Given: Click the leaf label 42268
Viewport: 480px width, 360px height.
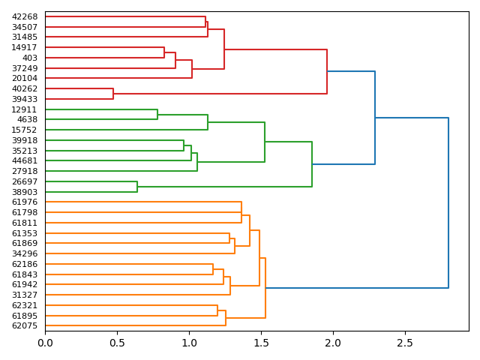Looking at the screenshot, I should tap(25, 16).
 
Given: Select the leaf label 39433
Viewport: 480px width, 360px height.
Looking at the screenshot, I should tap(25, 99).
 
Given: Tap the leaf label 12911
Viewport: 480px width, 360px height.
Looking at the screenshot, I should tap(25, 109).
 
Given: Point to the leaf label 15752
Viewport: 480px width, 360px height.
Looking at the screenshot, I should tap(25, 130).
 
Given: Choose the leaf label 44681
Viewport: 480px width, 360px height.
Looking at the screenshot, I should tap(25, 160).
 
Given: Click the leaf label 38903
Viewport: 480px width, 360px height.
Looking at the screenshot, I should tap(25, 192).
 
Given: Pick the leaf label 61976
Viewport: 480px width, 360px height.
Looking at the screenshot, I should tap(25, 202).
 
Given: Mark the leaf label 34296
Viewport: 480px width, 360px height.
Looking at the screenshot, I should tap(25, 253).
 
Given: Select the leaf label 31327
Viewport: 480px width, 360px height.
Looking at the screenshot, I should tap(25, 295).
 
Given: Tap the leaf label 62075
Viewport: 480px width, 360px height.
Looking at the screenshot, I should tap(25, 325).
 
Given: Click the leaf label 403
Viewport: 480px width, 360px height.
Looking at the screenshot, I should tap(30, 58).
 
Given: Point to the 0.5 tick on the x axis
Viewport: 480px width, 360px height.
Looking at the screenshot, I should tap(117, 331).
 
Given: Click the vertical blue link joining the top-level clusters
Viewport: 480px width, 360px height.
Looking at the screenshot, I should tap(448, 202).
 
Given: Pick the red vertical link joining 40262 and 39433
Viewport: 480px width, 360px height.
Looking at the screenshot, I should tap(113, 94).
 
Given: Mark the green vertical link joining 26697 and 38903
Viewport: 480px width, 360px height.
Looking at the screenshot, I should tap(137, 187).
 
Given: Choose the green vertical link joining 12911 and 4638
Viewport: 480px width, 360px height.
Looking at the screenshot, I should tap(157, 115).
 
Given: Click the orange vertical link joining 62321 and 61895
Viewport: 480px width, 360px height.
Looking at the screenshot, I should tap(217, 310).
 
